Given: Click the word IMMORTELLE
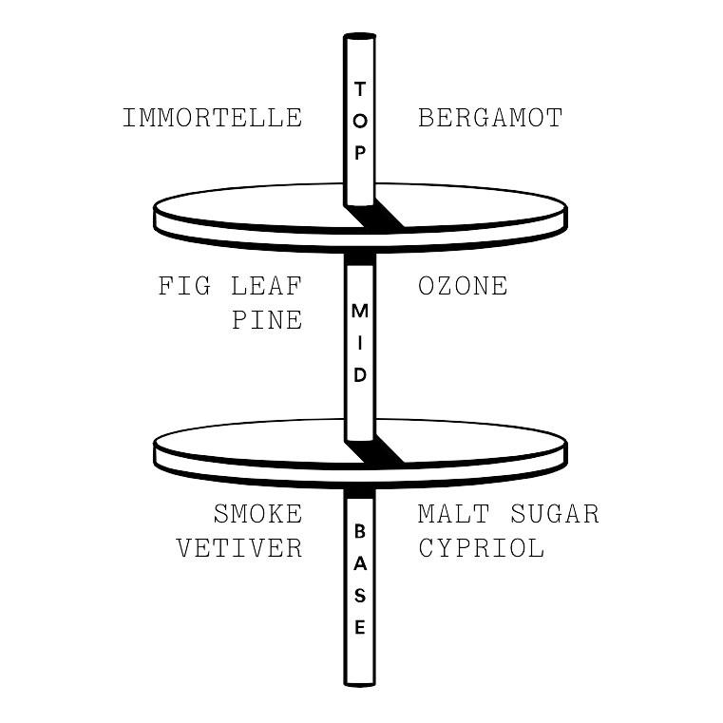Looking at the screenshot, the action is click(x=213, y=118).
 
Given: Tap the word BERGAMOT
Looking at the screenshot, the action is click(x=490, y=118).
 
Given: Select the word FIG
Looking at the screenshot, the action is click(x=184, y=286).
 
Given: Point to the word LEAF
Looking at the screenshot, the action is click(x=267, y=286).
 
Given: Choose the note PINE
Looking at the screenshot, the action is click(x=267, y=320).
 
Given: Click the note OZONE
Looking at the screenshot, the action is click(x=463, y=286).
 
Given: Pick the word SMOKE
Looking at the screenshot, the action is click(x=257, y=514).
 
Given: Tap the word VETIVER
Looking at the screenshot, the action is click(x=239, y=548).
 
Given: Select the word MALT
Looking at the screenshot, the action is click(x=454, y=514).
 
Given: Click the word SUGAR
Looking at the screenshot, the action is click(x=555, y=514).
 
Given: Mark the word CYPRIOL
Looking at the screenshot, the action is click(x=482, y=548).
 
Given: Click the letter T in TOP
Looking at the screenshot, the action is click(x=360, y=88).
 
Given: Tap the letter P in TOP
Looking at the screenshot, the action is click(x=360, y=153).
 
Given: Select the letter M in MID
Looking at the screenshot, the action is click(x=360, y=312).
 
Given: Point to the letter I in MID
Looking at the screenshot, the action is click(x=360, y=344).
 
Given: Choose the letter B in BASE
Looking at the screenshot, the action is click(x=360, y=531).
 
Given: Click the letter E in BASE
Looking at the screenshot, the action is click(x=360, y=627).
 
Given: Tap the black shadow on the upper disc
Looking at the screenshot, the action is click(x=374, y=216).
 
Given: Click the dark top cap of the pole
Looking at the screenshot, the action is click(x=360, y=36).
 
